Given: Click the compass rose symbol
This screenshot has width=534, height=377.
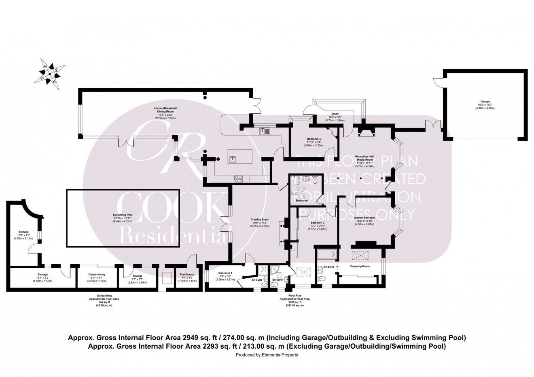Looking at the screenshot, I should click(x=49, y=73).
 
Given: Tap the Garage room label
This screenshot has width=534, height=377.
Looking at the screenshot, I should click(x=485, y=102).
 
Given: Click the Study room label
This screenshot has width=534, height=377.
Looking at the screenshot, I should click(x=334, y=114).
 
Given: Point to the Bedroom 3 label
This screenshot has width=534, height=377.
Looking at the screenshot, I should click(x=311, y=139).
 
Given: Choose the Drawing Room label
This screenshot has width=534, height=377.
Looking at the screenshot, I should click(x=260, y=220).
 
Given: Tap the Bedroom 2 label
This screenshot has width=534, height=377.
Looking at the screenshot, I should click(x=318, y=222).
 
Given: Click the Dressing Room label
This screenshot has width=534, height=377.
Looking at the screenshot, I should click(x=360, y=266).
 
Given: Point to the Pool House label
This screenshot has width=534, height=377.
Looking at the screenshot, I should click(x=187, y=275).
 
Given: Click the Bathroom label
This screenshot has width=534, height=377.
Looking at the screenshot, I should click(x=302, y=200).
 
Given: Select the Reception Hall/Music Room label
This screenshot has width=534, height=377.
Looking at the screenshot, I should click(x=364, y=157).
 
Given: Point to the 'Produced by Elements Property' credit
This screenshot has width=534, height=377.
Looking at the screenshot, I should click(x=267, y=355).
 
